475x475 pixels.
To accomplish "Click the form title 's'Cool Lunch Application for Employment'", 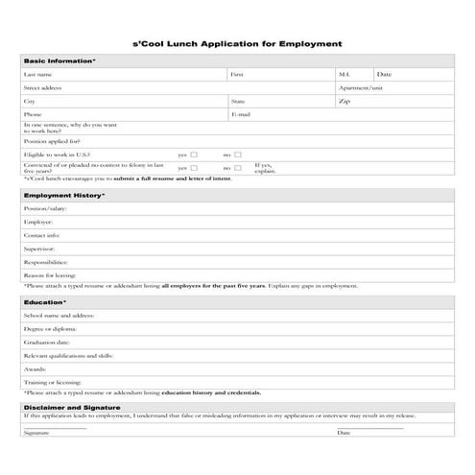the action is pos(236,43).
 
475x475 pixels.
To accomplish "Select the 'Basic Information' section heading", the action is pos(59,60).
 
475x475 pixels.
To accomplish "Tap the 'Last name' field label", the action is pos(37,74).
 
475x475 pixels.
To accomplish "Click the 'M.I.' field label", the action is pos(344,74).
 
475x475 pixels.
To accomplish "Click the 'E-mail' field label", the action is pos(241,114).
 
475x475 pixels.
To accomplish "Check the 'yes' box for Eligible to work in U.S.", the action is pos(194,154).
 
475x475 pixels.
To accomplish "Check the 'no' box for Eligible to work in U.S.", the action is pos(238,154).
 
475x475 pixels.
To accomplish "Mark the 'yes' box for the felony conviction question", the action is pos(194,168).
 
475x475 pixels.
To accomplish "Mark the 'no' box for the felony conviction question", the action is pos(238,168).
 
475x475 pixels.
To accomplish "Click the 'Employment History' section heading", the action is pos(64,195).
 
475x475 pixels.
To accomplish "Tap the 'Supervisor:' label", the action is pos(41,249).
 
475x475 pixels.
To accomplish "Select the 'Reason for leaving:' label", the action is pos(50,275).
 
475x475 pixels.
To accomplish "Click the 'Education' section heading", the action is pos(45,302).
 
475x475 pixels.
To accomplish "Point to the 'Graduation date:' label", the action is pos(47,342).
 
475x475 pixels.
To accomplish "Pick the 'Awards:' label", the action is pos(35,368).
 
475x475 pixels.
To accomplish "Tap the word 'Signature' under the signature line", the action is pos(36,433).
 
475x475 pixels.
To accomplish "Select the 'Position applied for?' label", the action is pos(52,141).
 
